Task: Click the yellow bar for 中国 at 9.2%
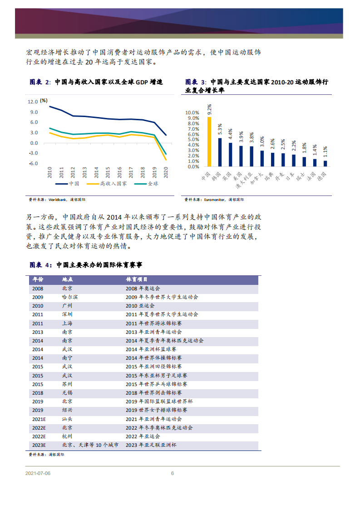(x=209, y=142)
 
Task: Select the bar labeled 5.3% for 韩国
(x=220, y=152)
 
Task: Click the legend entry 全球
(x=153, y=184)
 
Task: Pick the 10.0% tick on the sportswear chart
(x=192, y=113)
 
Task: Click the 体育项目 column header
(x=137, y=279)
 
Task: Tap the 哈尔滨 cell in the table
(x=69, y=297)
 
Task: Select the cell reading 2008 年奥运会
(x=143, y=289)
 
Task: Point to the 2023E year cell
(x=39, y=445)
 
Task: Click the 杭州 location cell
(x=67, y=436)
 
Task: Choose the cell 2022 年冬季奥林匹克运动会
(x=159, y=428)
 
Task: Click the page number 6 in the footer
(x=173, y=474)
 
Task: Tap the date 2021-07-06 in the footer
(x=38, y=474)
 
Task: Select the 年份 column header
(x=38, y=279)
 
